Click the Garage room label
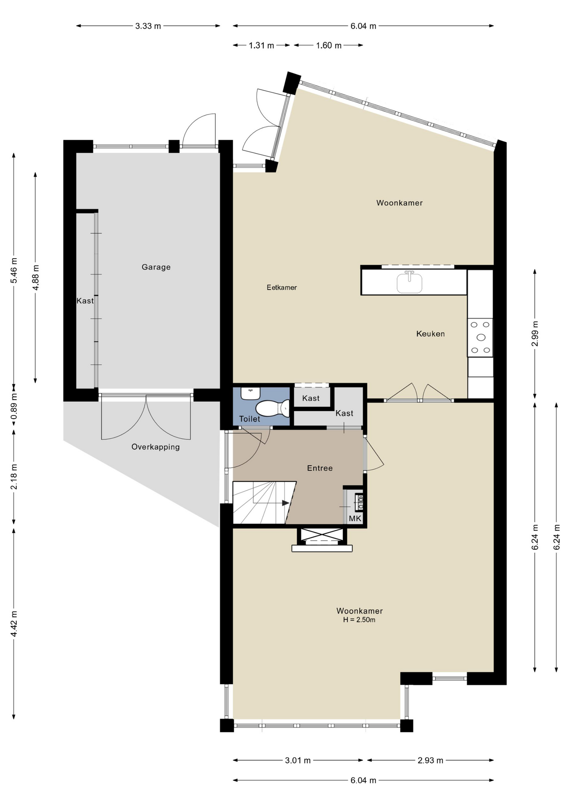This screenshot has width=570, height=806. click(x=156, y=267)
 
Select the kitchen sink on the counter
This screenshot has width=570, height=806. click(x=409, y=282)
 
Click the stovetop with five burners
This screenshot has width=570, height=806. click(x=480, y=338)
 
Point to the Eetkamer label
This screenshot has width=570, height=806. click(x=282, y=288)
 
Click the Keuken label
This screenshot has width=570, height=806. click(x=430, y=334)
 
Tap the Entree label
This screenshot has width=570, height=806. click(x=320, y=468)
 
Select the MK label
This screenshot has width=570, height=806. click(x=355, y=518)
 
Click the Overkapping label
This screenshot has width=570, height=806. click(x=156, y=447)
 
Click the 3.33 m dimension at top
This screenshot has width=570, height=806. click(x=148, y=26)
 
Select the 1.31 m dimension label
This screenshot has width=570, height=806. click(x=261, y=45)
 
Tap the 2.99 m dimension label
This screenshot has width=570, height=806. click(x=535, y=334)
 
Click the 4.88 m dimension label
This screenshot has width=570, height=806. click(x=36, y=277)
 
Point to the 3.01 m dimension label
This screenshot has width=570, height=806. click(x=298, y=760)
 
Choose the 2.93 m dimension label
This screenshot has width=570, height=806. click(x=431, y=760)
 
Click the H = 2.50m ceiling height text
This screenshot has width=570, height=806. click(x=359, y=620)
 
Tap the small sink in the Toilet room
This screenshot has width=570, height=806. click(x=251, y=393)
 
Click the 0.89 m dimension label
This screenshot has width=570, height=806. click(x=14, y=406)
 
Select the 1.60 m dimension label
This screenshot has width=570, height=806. click(x=329, y=45)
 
